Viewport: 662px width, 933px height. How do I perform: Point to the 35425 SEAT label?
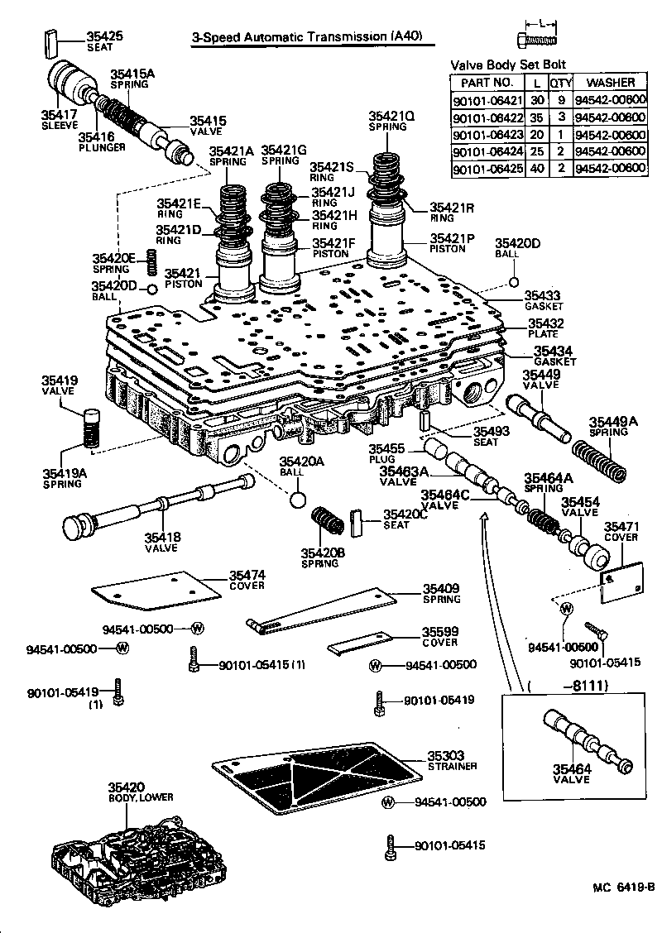coord(105,41)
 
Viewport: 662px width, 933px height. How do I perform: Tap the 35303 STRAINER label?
coord(452,760)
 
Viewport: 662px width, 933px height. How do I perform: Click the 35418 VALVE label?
coord(163,542)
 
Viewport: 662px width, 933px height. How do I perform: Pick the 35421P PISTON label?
coord(451,242)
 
